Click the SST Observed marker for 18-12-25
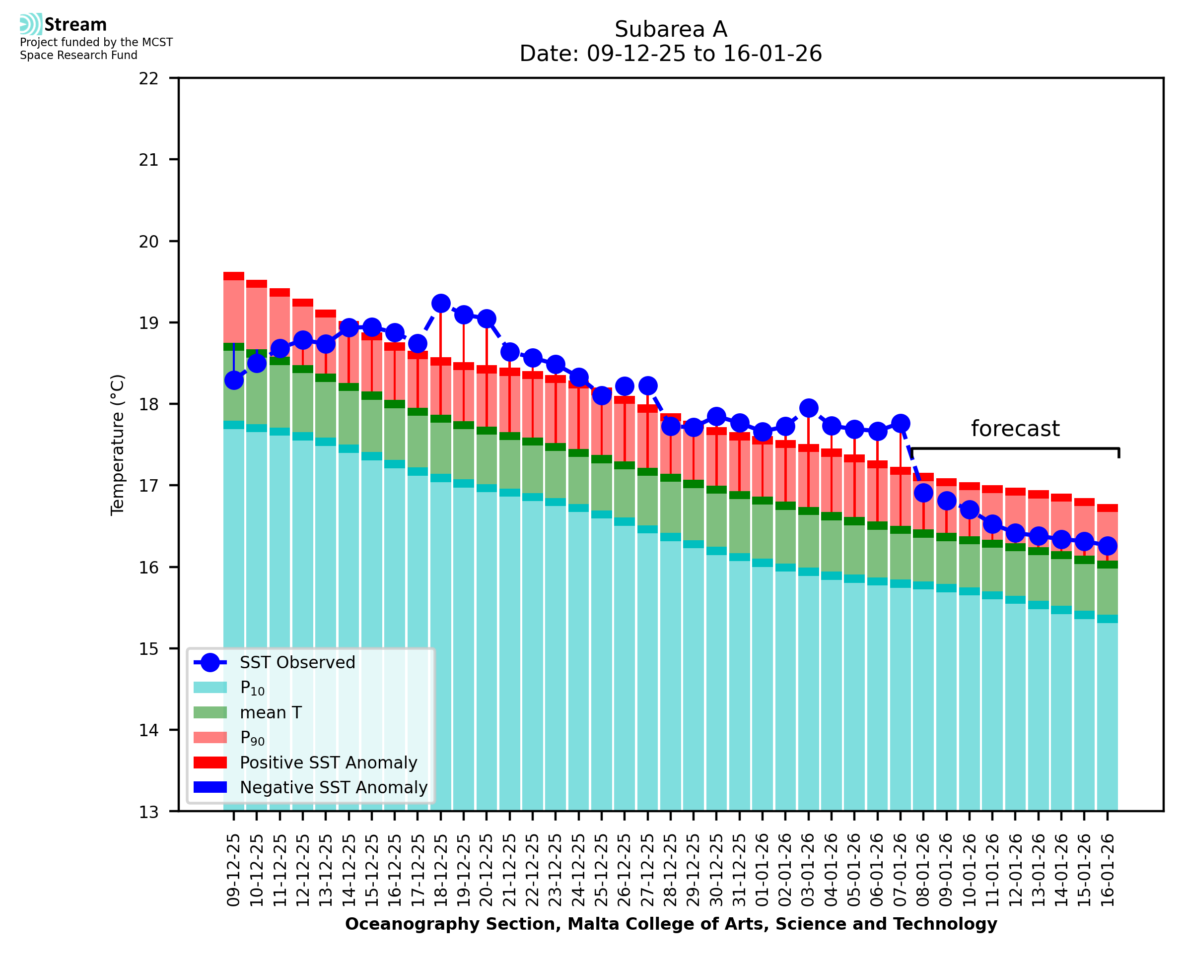440,303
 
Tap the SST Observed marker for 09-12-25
234,381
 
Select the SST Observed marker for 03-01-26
808,408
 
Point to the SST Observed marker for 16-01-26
1107,546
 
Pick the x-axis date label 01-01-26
763,870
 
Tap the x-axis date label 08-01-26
923,870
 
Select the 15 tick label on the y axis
149,649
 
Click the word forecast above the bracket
1015,429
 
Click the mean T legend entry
271,712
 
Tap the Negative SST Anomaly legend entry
334,787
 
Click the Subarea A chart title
671,29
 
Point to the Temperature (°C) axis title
118,445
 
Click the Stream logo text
75,25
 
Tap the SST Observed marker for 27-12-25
647,385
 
